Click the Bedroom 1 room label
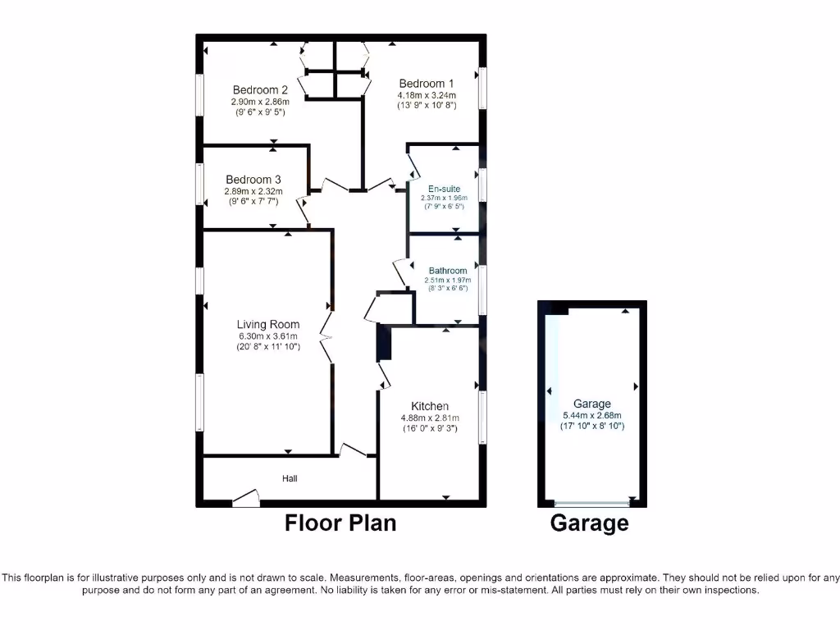[x=427, y=83]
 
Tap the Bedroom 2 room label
[x=260, y=90]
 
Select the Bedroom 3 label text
[x=253, y=180]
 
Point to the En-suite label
[x=444, y=189]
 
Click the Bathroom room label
[x=447, y=271]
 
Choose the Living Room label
[x=268, y=324]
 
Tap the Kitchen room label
[x=430, y=406]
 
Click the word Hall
[x=290, y=478]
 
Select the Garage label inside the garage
[x=592, y=404]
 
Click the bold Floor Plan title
[x=340, y=523]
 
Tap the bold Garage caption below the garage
[x=590, y=523]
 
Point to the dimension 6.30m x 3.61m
[x=268, y=336]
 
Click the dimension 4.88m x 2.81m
[x=430, y=417]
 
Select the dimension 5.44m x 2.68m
[x=592, y=415]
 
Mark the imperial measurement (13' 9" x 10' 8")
[x=427, y=105]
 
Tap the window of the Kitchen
[x=482, y=418]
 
